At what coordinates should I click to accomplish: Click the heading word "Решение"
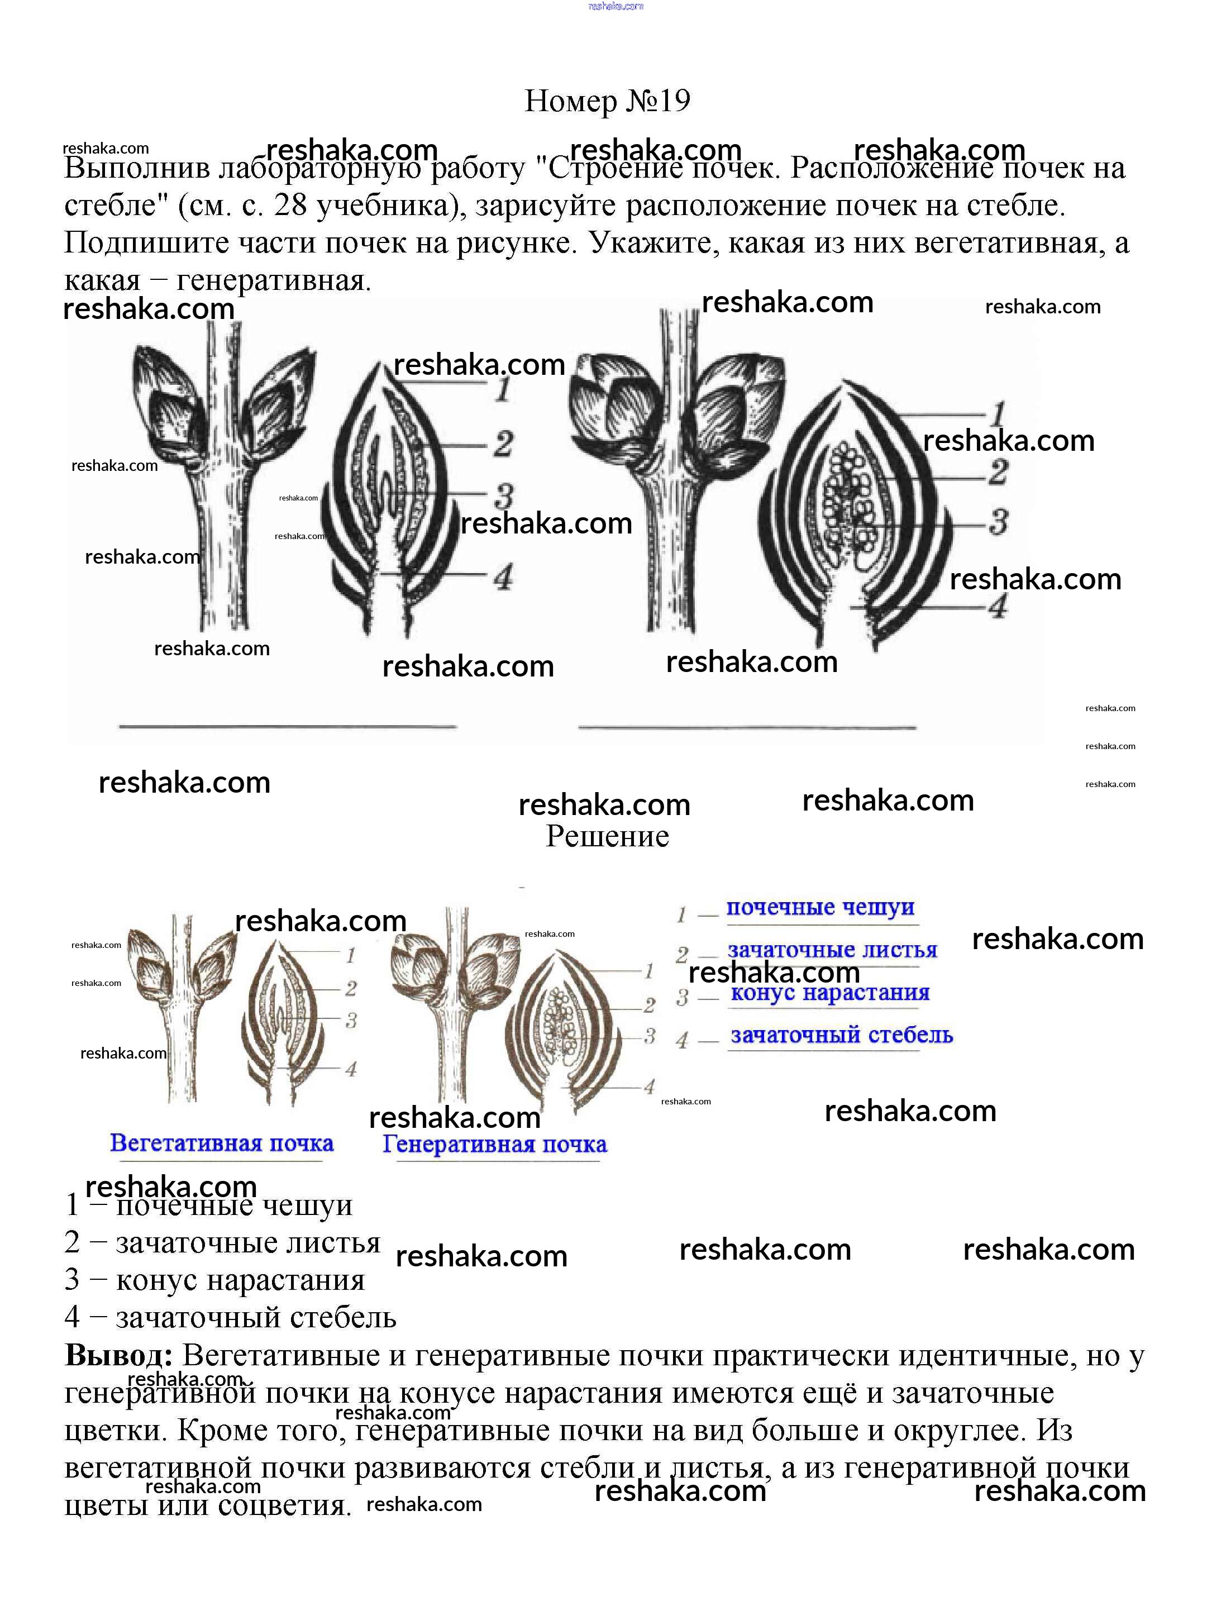[608, 836]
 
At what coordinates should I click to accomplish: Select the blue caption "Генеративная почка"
[495, 1145]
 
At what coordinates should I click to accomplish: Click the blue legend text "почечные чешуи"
[820, 907]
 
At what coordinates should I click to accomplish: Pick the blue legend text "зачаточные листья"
[832, 950]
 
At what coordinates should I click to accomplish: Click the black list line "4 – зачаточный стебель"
[230, 1317]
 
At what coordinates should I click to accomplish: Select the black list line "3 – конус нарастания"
[214, 1279]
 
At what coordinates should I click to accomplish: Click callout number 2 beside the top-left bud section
[503, 444]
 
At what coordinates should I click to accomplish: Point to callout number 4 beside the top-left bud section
[503, 578]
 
